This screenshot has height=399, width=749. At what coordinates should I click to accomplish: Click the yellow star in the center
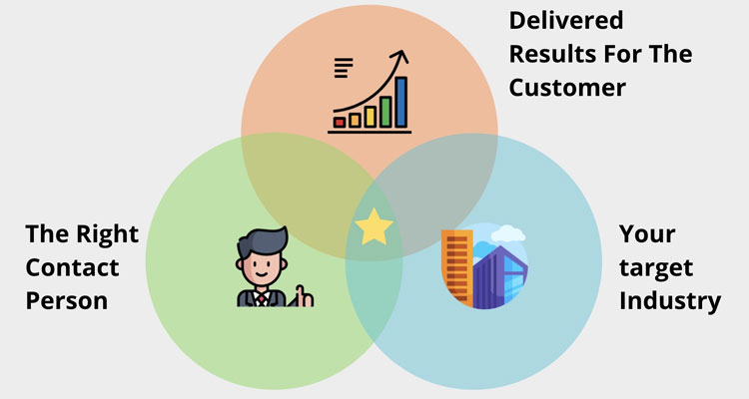point(374,227)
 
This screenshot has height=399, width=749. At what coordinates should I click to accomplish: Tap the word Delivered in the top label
point(565,20)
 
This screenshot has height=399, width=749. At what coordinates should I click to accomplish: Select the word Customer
point(567,87)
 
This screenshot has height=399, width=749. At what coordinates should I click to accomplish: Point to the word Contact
point(72,267)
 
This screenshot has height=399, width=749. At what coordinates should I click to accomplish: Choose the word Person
point(66,300)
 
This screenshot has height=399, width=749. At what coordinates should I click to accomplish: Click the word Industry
point(669,300)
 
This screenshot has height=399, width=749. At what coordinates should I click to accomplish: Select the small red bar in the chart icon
point(340,122)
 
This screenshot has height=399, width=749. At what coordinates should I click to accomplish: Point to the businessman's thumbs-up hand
point(302,295)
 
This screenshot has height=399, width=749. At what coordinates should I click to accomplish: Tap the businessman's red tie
point(264,296)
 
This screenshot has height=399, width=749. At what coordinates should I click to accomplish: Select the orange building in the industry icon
point(456,264)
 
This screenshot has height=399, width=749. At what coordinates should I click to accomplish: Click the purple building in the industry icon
point(498,275)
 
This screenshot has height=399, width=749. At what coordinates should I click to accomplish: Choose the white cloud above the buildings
point(508,234)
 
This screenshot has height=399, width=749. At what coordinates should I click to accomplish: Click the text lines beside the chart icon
point(343,68)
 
